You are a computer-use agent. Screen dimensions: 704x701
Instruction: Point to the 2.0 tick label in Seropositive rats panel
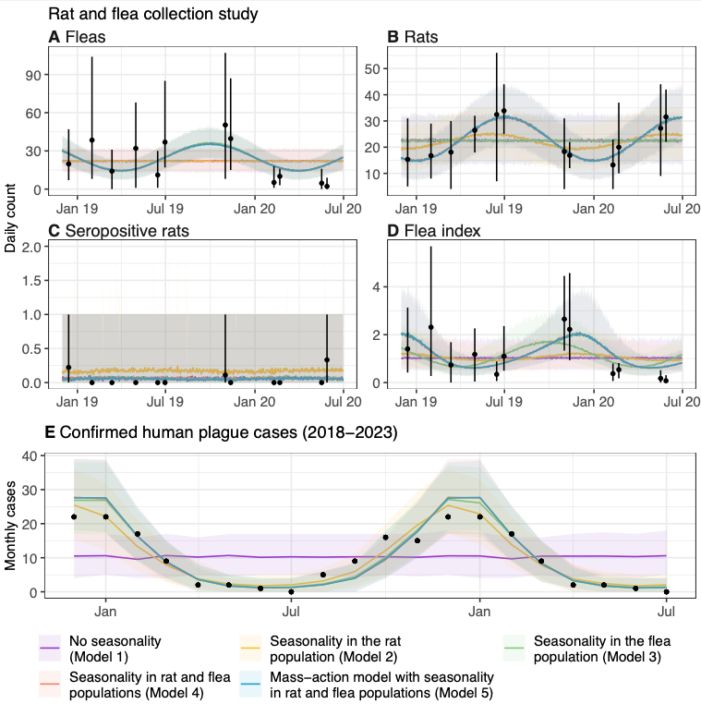tap(31, 247)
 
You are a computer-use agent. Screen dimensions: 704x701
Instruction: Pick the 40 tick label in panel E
tap(28, 455)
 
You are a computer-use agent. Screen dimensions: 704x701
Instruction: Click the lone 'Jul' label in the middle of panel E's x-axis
tap(291, 611)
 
